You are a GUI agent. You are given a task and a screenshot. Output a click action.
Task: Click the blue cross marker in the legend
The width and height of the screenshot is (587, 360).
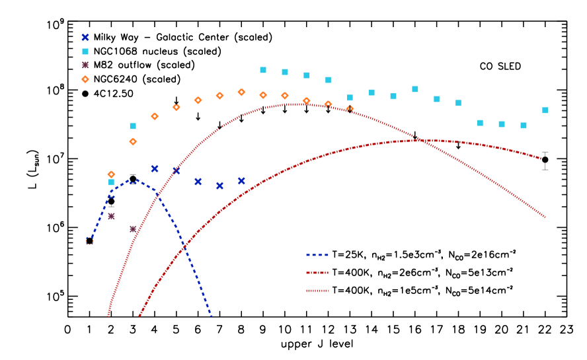[x=85, y=38]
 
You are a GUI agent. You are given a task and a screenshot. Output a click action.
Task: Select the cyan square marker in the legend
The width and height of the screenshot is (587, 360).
[x=85, y=52]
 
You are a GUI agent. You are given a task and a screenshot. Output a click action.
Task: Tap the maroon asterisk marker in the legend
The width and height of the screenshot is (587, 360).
[x=85, y=65]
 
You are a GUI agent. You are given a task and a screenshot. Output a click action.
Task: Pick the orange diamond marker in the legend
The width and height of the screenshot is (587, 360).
[x=85, y=79]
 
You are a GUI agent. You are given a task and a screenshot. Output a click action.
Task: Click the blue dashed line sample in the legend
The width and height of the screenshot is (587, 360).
[x=317, y=255]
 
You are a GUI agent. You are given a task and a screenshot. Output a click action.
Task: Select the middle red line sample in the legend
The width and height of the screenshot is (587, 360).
[x=317, y=273]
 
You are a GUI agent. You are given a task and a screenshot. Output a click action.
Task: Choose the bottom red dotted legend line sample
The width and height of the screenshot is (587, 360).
[x=317, y=291]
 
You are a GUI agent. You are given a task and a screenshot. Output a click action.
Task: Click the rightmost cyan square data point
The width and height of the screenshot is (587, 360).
[x=545, y=110]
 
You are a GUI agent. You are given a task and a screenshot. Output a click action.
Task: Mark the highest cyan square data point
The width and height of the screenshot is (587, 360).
[x=263, y=70]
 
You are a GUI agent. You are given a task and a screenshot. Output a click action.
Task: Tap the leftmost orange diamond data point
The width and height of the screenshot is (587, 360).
[x=111, y=174]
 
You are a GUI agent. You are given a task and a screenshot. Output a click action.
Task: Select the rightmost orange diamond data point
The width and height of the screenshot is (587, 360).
[x=350, y=109]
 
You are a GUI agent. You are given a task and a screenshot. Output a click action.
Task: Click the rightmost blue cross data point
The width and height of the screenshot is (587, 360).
[x=241, y=181]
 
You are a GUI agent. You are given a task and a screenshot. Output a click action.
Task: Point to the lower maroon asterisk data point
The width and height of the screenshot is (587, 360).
[x=133, y=229]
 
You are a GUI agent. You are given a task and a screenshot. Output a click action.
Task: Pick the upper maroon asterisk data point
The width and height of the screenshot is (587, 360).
[x=111, y=216]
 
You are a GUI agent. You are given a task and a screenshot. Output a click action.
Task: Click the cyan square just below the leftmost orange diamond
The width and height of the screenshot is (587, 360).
[x=111, y=182]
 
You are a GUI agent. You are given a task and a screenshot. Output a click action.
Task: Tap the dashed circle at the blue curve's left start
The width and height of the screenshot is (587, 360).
[x=90, y=241]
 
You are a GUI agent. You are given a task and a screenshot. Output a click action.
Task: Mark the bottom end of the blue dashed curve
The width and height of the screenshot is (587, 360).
[x=211, y=316]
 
